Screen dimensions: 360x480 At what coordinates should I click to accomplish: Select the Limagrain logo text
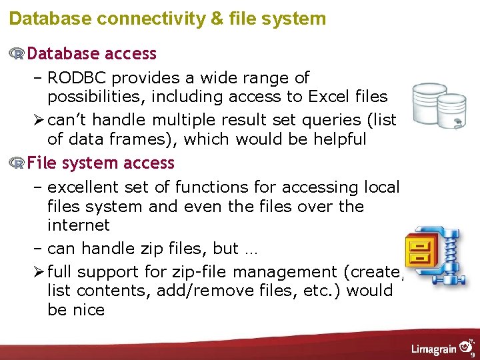tap(433, 349)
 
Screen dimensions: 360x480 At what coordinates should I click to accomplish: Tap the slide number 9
tap(472, 355)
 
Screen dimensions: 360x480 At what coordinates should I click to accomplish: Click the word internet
tap(79, 225)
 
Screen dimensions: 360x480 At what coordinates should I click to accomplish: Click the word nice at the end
tap(90, 310)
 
